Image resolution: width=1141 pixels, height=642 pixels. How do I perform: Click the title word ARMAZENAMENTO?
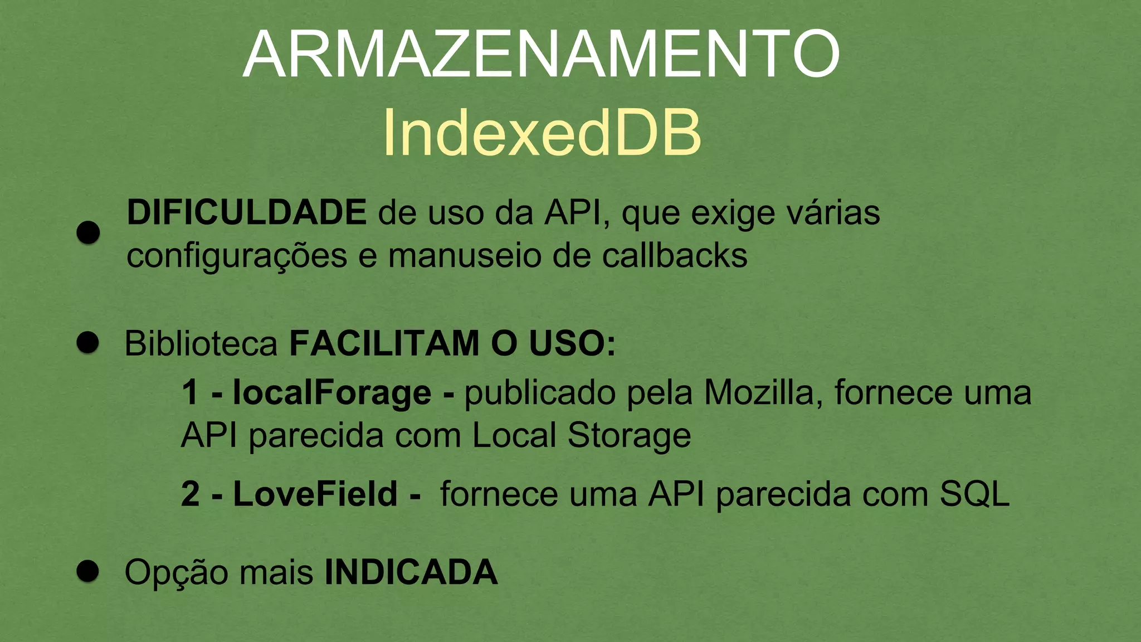click(541, 54)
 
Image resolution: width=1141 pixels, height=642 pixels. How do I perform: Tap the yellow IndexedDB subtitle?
click(541, 133)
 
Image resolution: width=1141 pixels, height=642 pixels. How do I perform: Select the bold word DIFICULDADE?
click(246, 212)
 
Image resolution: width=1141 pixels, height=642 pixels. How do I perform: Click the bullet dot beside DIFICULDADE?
click(88, 232)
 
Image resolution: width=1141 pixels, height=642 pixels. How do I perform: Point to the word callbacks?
click(675, 256)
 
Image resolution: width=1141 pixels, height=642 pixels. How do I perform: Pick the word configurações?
click(237, 257)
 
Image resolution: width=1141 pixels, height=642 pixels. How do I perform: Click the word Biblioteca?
click(201, 343)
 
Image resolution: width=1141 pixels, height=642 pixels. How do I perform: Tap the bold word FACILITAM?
click(384, 343)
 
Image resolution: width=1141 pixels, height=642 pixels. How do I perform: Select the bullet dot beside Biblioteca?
click(88, 342)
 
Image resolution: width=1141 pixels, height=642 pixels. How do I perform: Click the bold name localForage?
click(332, 392)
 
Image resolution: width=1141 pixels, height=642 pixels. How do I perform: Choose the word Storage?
click(629, 436)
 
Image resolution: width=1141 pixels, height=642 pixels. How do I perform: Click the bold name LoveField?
click(315, 494)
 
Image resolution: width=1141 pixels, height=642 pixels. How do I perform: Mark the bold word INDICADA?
click(411, 572)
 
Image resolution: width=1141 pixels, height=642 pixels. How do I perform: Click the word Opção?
click(176, 573)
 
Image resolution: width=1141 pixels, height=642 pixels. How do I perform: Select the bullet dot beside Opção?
click(88, 571)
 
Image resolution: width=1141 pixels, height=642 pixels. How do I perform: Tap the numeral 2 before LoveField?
click(191, 494)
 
